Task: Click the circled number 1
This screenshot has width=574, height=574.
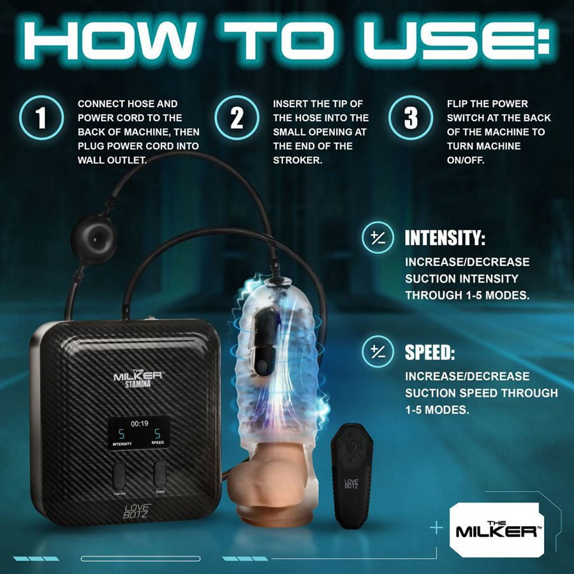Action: (41, 119)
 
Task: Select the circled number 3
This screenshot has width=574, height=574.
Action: (409, 119)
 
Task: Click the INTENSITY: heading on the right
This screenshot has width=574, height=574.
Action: (445, 239)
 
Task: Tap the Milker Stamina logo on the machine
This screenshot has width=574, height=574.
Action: (138, 379)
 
